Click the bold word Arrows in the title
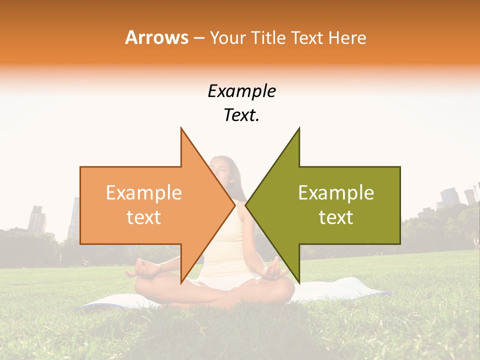point(156,38)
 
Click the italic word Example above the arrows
point(241,91)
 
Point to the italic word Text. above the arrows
point(241,115)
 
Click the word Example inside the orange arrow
point(143,193)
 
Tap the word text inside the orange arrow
point(143,217)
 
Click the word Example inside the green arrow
point(336,193)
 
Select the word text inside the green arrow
point(336,217)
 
